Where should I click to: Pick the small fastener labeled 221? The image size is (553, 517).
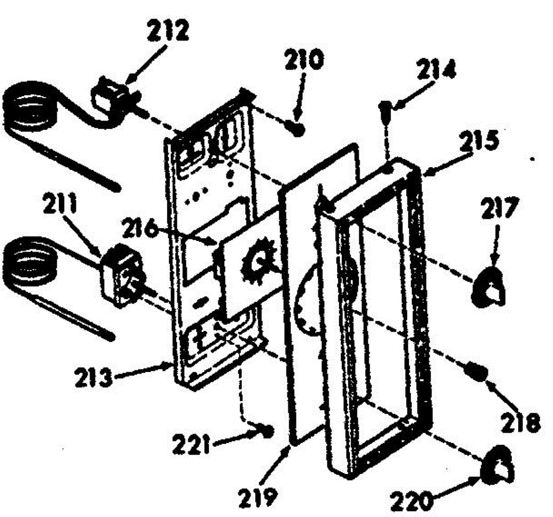pos(267,431)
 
